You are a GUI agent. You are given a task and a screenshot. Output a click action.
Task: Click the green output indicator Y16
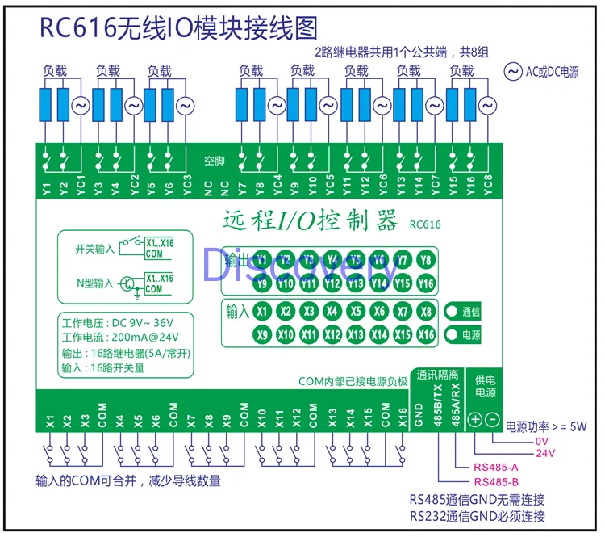(x=426, y=283)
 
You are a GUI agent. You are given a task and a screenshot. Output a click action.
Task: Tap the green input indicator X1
(x=261, y=311)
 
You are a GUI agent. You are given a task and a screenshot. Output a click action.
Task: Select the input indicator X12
(x=332, y=334)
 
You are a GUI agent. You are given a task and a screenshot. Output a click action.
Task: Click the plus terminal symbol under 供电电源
(x=475, y=419)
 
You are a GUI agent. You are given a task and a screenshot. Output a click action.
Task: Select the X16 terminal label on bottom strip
(x=402, y=417)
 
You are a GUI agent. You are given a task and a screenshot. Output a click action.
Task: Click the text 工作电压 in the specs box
(x=82, y=323)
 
